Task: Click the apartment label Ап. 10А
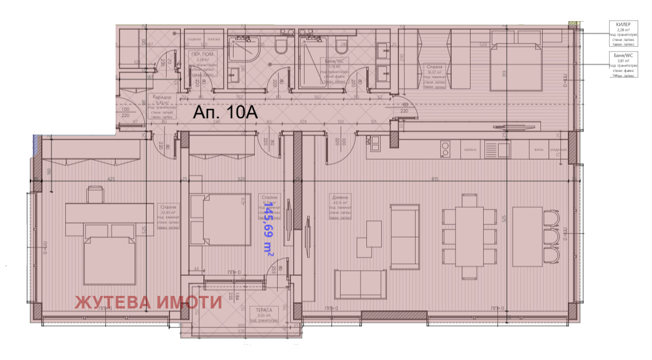click(225, 113)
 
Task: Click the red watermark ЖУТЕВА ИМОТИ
click(149, 302)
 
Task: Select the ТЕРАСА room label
click(264, 310)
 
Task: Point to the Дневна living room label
click(340, 197)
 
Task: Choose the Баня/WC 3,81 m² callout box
click(623, 64)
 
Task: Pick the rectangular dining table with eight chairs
click(469, 235)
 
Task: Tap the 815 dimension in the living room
click(434, 179)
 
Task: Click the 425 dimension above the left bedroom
click(110, 179)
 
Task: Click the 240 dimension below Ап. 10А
click(216, 122)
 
